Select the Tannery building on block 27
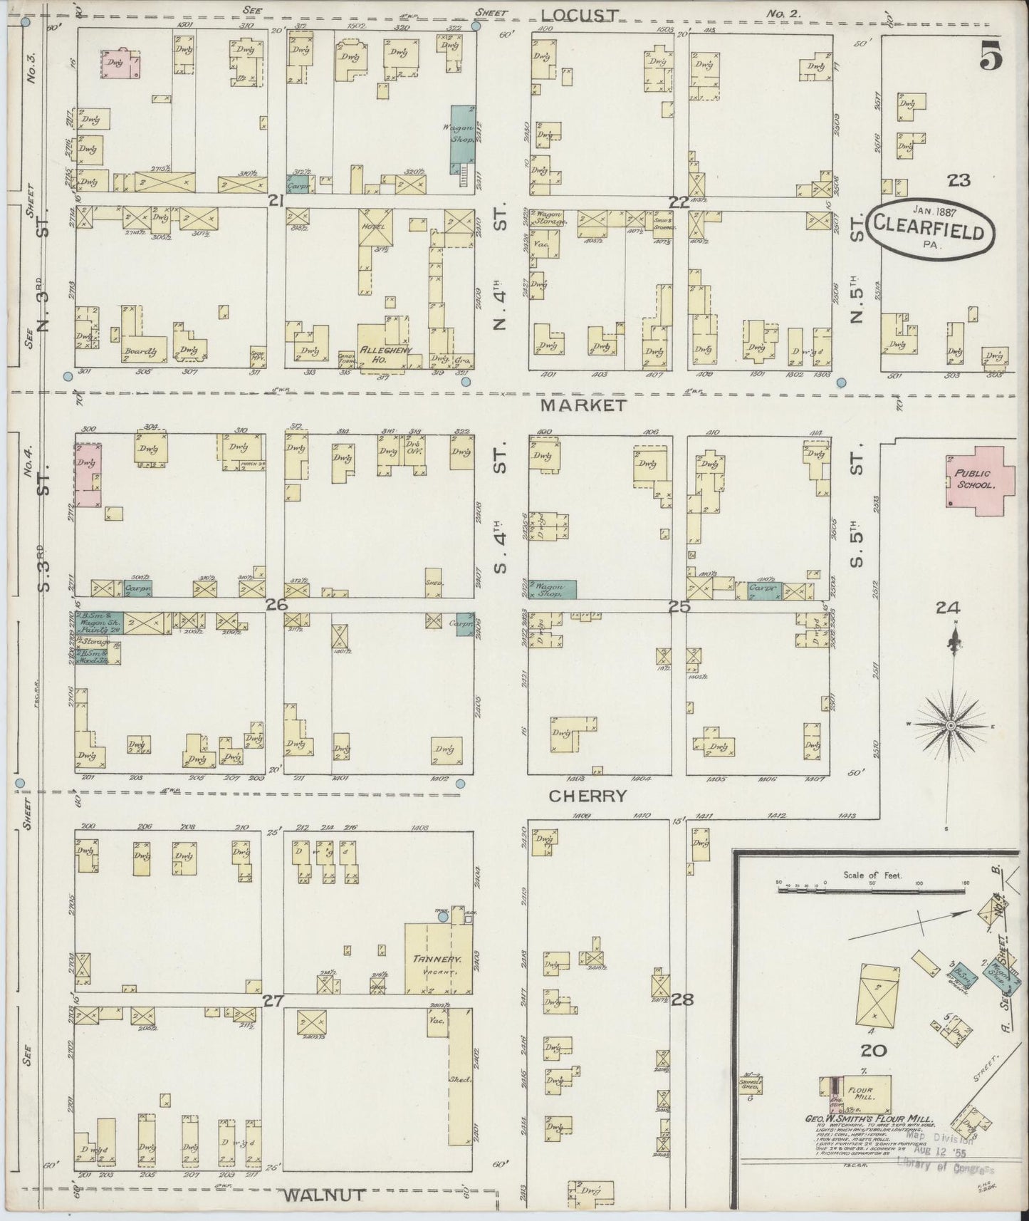[x=437, y=959]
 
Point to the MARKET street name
[x=583, y=405]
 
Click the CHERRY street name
[x=587, y=796]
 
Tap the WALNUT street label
[x=325, y=1195]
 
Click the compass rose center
[x=950, y=725]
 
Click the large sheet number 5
[x=991, y=55]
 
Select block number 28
[x=682, y=999]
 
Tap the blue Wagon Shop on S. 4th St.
[x=552, y=589]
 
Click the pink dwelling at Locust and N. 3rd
[x=120, y=64]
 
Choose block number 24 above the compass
[x=948, y=608]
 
